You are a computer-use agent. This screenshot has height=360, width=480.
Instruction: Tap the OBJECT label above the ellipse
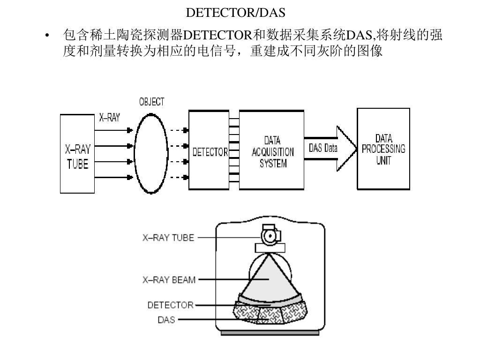(151, 102)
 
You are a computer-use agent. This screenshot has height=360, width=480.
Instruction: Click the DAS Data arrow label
(323, 149)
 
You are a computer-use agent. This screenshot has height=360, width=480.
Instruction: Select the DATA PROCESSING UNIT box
(383, 149)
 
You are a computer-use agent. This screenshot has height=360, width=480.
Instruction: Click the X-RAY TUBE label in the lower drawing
(168, 238)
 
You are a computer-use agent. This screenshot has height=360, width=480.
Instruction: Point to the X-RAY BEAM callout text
(169, 280)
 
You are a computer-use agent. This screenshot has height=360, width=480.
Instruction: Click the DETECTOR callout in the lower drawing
(170, 305)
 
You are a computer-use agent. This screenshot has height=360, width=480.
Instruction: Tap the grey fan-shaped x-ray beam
(268, 279)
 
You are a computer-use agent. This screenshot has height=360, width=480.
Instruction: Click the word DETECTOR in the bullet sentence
(218, 36)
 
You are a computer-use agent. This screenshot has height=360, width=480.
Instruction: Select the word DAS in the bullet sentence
(358, 36)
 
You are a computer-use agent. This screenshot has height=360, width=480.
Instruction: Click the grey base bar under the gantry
(270, 333)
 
